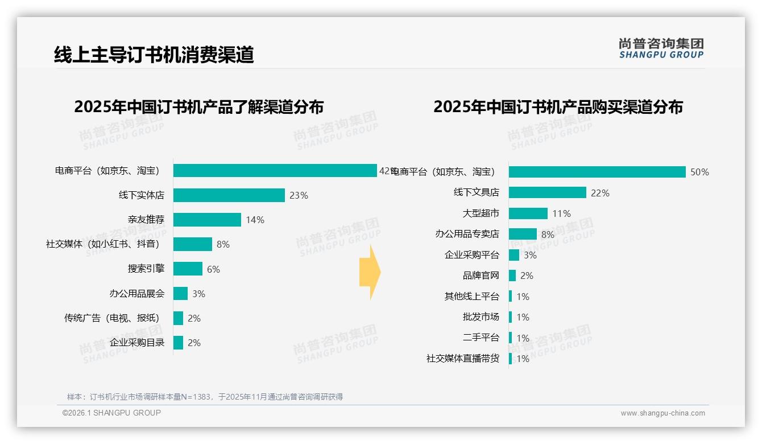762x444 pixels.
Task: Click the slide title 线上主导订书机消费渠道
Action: click(154, 55)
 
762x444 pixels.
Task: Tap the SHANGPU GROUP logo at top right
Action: click(661, 48)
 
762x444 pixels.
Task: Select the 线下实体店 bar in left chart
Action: click(229, 195)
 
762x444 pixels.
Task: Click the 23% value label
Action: click(299, 195)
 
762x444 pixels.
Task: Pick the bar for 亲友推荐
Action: click(207, 220)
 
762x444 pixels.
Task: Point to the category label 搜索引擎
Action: click(146, 269)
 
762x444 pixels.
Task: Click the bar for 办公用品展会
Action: click(180, 294)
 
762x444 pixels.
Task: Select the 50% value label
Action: click(699, 172)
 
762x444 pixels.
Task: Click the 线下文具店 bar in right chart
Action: click(547, 192)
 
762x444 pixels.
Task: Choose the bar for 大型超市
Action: click(528, 213)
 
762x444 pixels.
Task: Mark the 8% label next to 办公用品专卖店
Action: click(548, 235)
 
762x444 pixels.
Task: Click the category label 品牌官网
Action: click(481, 276)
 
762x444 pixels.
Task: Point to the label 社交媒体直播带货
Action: click(462, 359)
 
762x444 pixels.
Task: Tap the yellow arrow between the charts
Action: click(370, 273)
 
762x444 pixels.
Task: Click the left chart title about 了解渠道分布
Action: click(198, 107)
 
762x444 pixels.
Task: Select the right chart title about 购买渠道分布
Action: click(558, 107)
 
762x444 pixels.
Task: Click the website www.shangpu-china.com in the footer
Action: click(662, 413)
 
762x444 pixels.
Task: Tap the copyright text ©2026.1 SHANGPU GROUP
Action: click(111, 413)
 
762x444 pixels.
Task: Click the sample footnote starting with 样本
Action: click(205, 397)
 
